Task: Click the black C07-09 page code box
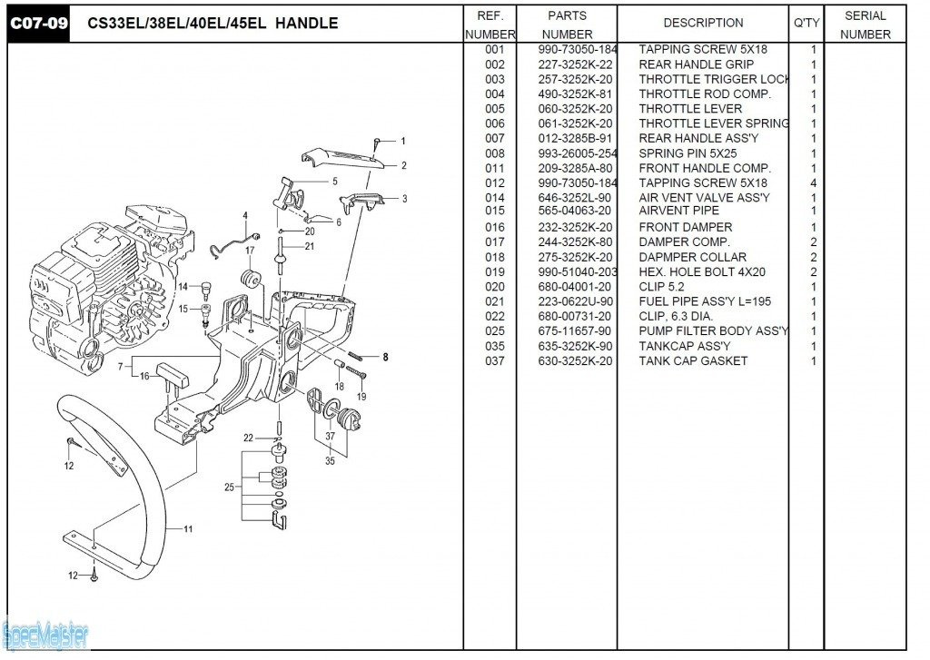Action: click(39, 23)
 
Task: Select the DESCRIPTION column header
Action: click(703, 23)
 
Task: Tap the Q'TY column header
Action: click(806, 23)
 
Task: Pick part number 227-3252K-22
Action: click(575, 64)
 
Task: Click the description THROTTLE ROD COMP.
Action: click(705, 94)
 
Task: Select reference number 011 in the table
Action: click(494, 168)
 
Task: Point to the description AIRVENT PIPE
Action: click(678, 212)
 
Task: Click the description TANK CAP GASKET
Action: click(693, 361)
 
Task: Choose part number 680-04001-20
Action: click(575, 287)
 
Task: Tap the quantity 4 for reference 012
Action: click(813, 183)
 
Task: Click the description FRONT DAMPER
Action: click(685, 227)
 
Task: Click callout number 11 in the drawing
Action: click(188, 528)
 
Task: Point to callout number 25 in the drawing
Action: click(229, 488)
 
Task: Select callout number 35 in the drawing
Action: click(330, 461)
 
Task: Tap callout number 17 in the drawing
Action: click(250, 250)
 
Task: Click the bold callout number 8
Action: click(385, 357)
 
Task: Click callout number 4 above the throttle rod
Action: click(244, 215)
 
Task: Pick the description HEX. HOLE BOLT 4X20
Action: click(702, 272)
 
